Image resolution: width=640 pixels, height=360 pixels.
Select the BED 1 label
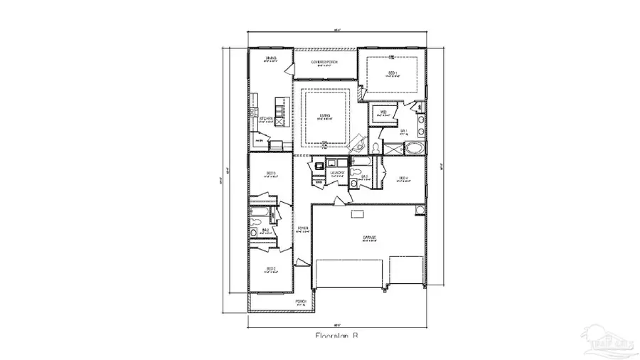[392, 73]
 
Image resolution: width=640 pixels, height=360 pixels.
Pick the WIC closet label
[383, 112]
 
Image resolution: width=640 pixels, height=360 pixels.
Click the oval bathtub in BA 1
[414, 149]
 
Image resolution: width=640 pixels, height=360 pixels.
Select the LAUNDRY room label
[338, 172]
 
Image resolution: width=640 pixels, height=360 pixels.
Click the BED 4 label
[402, 178]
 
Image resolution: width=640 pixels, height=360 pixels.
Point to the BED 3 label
[271, 173]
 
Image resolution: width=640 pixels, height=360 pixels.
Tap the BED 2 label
[271, 269]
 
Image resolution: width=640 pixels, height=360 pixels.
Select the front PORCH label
[302, 302]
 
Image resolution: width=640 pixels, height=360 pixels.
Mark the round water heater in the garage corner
[420, 208]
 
